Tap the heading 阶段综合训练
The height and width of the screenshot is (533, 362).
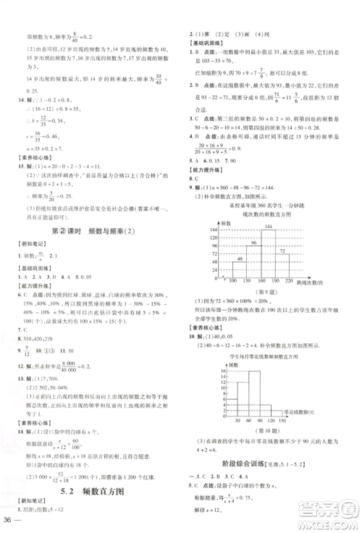(253, 461)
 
